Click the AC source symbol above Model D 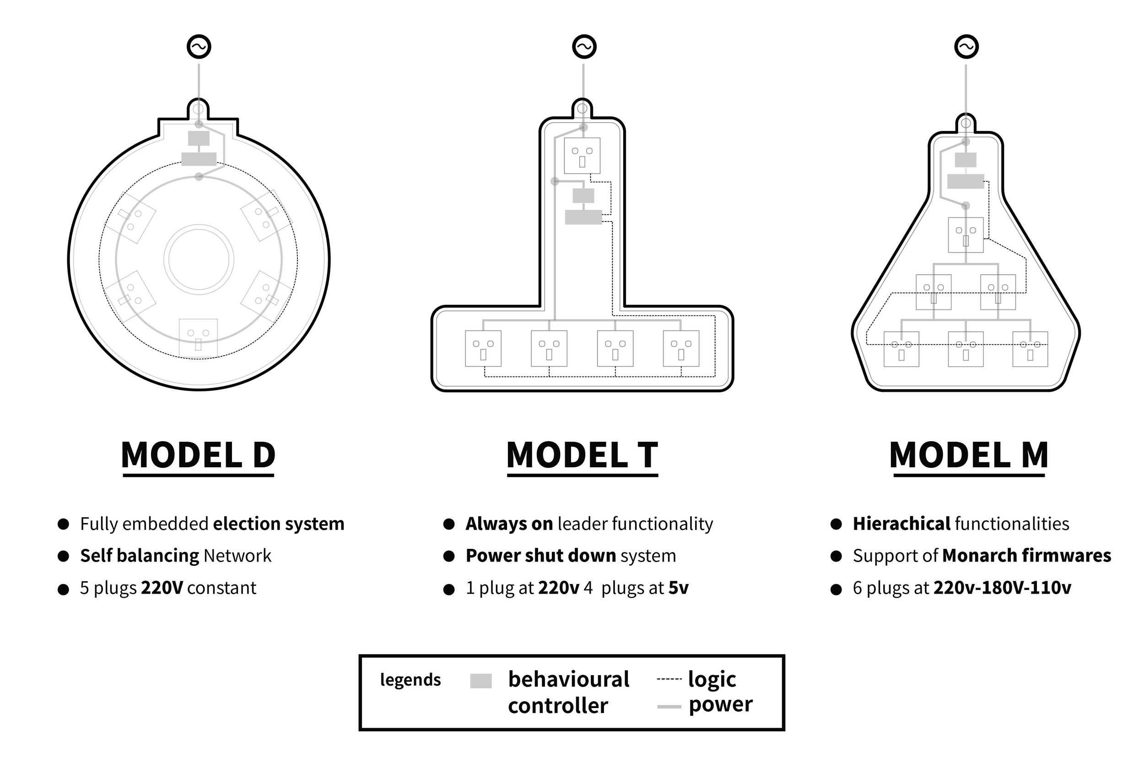pos(199,47)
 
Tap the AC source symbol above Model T pos(584,47)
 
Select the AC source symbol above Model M pos(966,47)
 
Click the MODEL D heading pos(199,455)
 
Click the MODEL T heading pos(582,455)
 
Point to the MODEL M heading pos(968,455)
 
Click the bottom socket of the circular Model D pos(199,338)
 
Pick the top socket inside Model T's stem pos(582,156)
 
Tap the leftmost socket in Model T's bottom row pos(483,348)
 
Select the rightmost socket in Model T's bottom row pos(681,348)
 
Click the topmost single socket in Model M pos(966,235)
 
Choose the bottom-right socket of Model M pos(1030,349)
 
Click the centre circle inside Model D pos(199,260)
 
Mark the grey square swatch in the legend pos(480,681)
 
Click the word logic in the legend pos(712,679)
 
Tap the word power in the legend pos(720,704)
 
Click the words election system pos(279,524)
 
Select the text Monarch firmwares pos(1026,556)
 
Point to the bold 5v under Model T pos(679,588)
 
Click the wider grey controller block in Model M pos(966,182)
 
